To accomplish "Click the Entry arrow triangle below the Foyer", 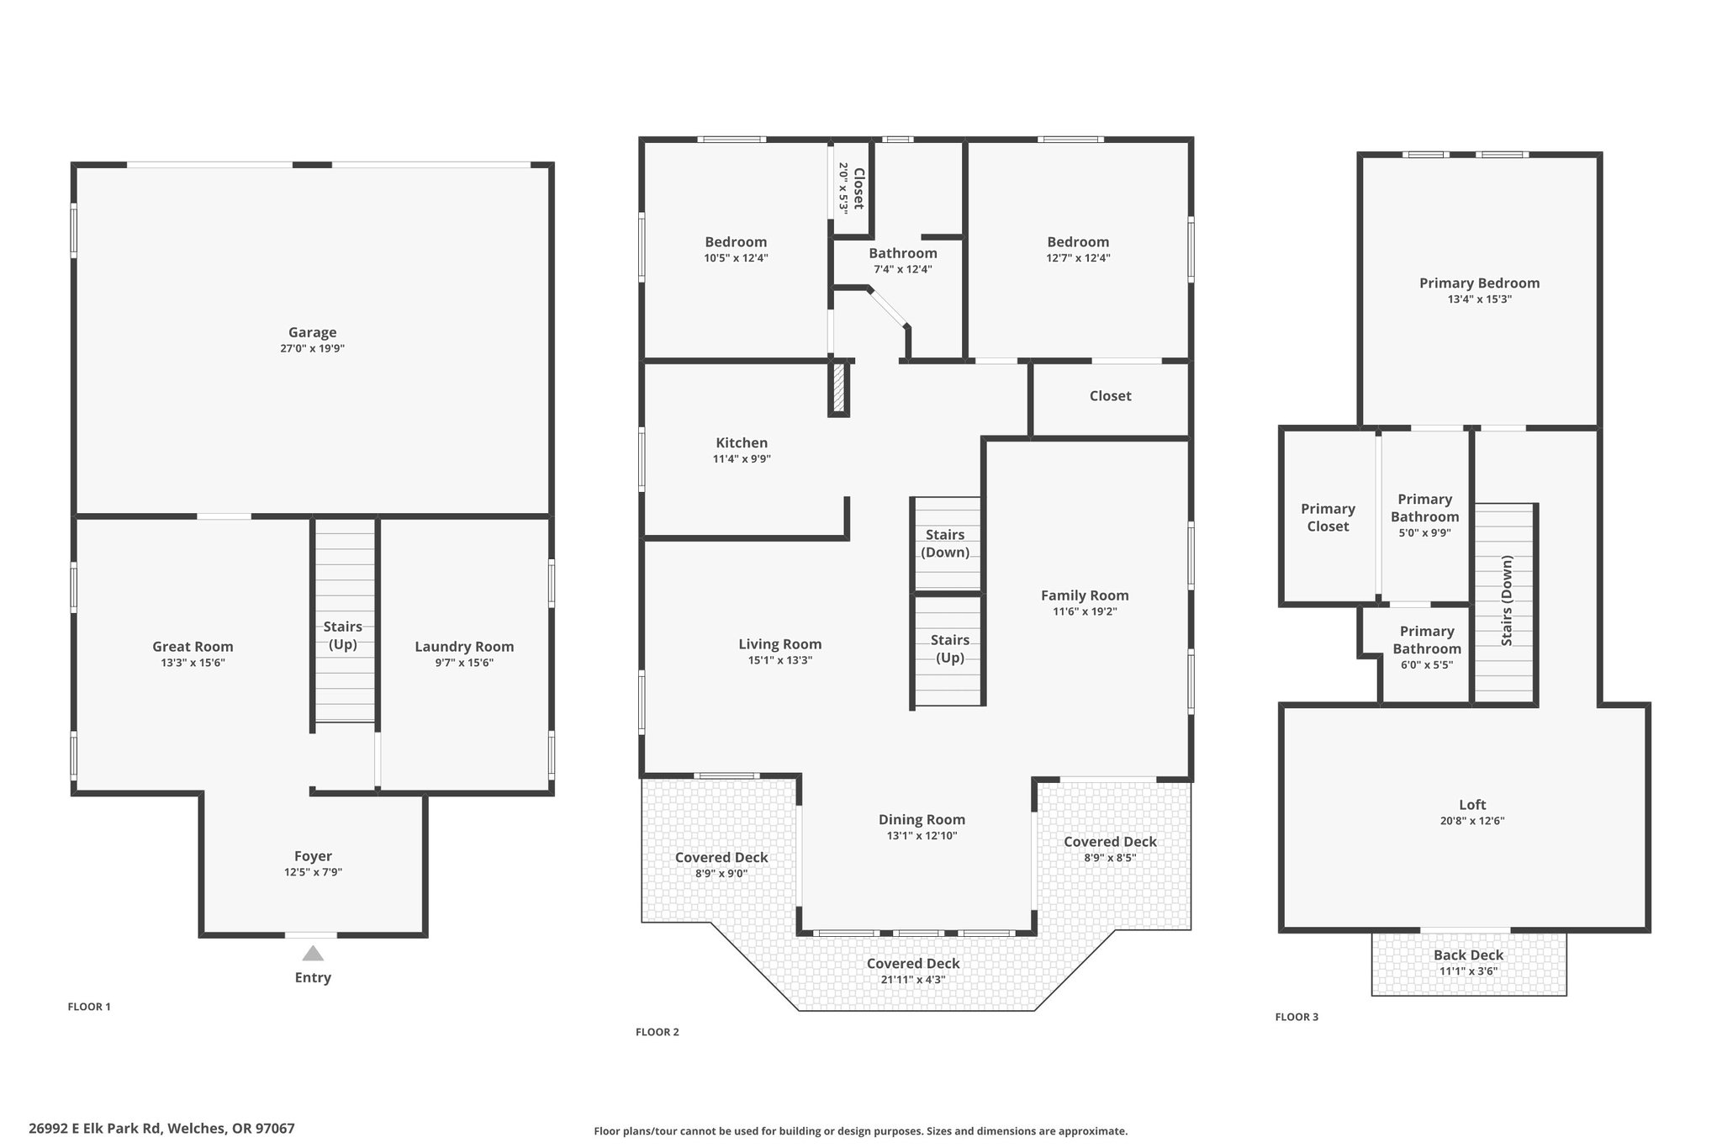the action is (x=313, y=953).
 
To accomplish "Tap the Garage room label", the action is (x=313, y=332).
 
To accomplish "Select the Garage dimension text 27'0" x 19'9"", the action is (x=313, y=348).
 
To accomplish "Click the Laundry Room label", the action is (x=464, y=647).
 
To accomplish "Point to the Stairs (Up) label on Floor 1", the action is (x=343, y=635).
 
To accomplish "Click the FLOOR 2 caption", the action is (x=658, y=1032).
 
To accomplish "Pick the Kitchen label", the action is (x=742, y=442).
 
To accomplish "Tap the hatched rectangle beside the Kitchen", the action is (x=838, y=387).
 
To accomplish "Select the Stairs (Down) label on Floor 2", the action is (x=945, y=543).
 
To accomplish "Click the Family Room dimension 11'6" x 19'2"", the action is (x=1085, y=611).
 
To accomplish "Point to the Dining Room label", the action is (x=922, y=819).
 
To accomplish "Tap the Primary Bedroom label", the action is (x=1480, y=283).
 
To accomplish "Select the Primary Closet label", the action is (x=1328, y=517).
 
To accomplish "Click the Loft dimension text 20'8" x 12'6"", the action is (x=1472, y=821).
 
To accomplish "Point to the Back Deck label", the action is (x=1469, y=955).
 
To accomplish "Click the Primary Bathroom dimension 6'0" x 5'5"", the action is (x=1427, y=664).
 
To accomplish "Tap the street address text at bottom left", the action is (x=161, y=1129).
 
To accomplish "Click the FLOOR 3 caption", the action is (x=1297, y=1017).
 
